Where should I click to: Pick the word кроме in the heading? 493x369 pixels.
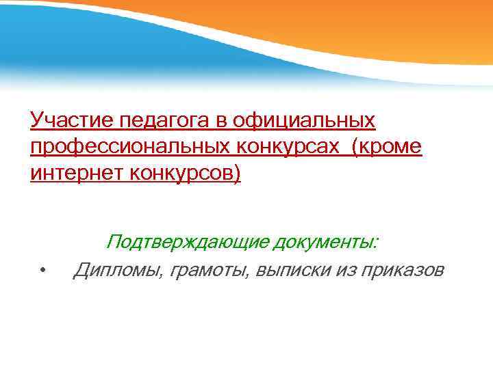391,147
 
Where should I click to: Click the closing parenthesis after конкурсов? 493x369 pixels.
238,174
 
